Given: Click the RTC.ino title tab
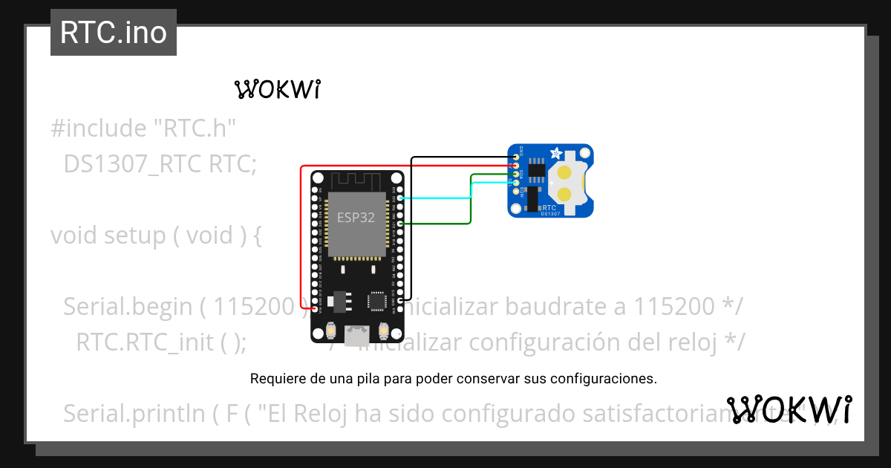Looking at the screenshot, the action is coord(114,33).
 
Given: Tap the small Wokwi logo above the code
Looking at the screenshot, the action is coord(277,89).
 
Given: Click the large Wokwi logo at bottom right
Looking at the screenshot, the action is coord(789,409).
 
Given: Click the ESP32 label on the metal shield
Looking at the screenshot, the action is coord(356,218).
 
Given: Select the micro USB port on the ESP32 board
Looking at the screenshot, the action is coord(357,335).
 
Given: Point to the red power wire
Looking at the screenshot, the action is coord(301,238).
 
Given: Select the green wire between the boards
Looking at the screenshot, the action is coord(471,201).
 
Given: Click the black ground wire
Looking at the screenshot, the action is coord(411,223).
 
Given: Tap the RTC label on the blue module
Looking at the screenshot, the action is coord(549,208).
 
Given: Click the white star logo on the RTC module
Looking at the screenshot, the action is coord(554,153).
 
